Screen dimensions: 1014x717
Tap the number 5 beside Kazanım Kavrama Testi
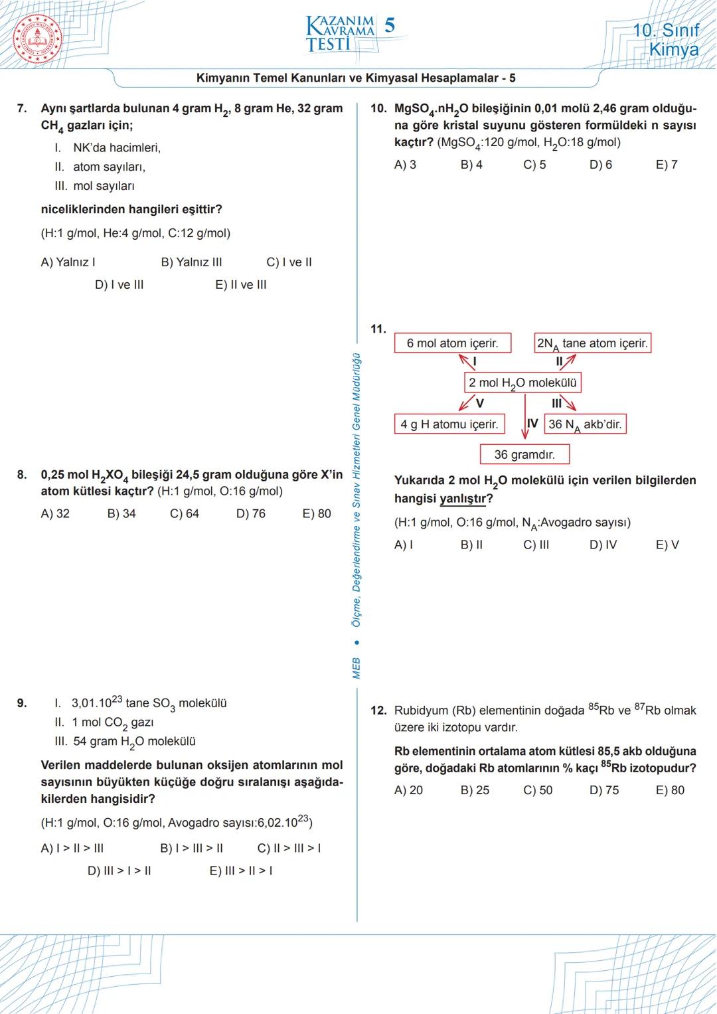[390, 25]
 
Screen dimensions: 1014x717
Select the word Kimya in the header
[673, 50]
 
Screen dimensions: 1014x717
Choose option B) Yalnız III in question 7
[191, 262]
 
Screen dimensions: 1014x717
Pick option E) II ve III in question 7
[240, 285]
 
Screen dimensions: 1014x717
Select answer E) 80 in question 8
[316, 513]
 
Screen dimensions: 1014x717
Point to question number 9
[22, 703]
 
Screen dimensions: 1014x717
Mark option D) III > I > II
[119, 871]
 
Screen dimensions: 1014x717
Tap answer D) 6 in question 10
[600, 165]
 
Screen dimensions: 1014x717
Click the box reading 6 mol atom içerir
[453, 343]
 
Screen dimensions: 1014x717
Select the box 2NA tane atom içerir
[592, 343]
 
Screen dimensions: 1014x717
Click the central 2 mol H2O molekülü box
[522, 382]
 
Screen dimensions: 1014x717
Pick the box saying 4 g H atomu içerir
[449, 424]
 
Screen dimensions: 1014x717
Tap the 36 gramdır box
[524, 455]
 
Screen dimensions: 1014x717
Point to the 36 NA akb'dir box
[585, 424]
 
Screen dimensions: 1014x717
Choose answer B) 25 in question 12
[474, 790]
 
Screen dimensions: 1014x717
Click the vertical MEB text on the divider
[356, 668]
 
